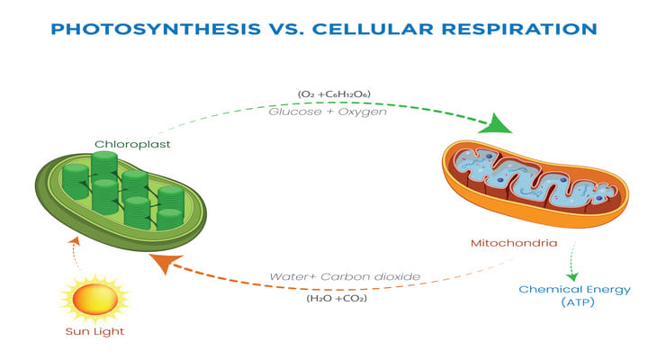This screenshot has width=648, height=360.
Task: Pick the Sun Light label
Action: pos(94,331)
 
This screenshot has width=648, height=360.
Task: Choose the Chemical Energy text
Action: pos(575,289)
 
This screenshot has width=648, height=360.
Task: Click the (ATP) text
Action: pos(575,303)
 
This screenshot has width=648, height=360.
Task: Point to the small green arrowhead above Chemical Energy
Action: pos(573,276)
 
